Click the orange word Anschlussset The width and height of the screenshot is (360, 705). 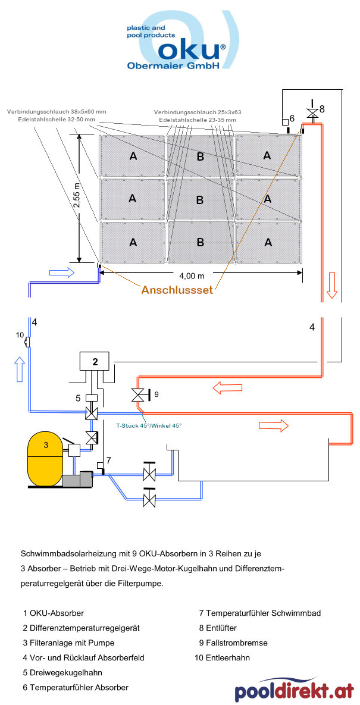[x=177, y=290]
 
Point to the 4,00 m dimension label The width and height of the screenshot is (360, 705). [x=192, y=275]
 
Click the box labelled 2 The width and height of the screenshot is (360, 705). [x=94, y=361]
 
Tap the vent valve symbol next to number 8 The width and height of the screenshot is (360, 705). [x=311, y=112]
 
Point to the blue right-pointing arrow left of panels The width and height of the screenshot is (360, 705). [x=62, y=272]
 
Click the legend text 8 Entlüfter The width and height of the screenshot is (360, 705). [x=220, y=628]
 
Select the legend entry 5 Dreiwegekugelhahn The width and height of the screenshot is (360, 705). [x=62, y=672]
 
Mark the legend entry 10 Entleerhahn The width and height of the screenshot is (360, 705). [x=222, y=657]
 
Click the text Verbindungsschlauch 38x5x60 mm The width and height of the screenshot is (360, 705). [x=57, y=111]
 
